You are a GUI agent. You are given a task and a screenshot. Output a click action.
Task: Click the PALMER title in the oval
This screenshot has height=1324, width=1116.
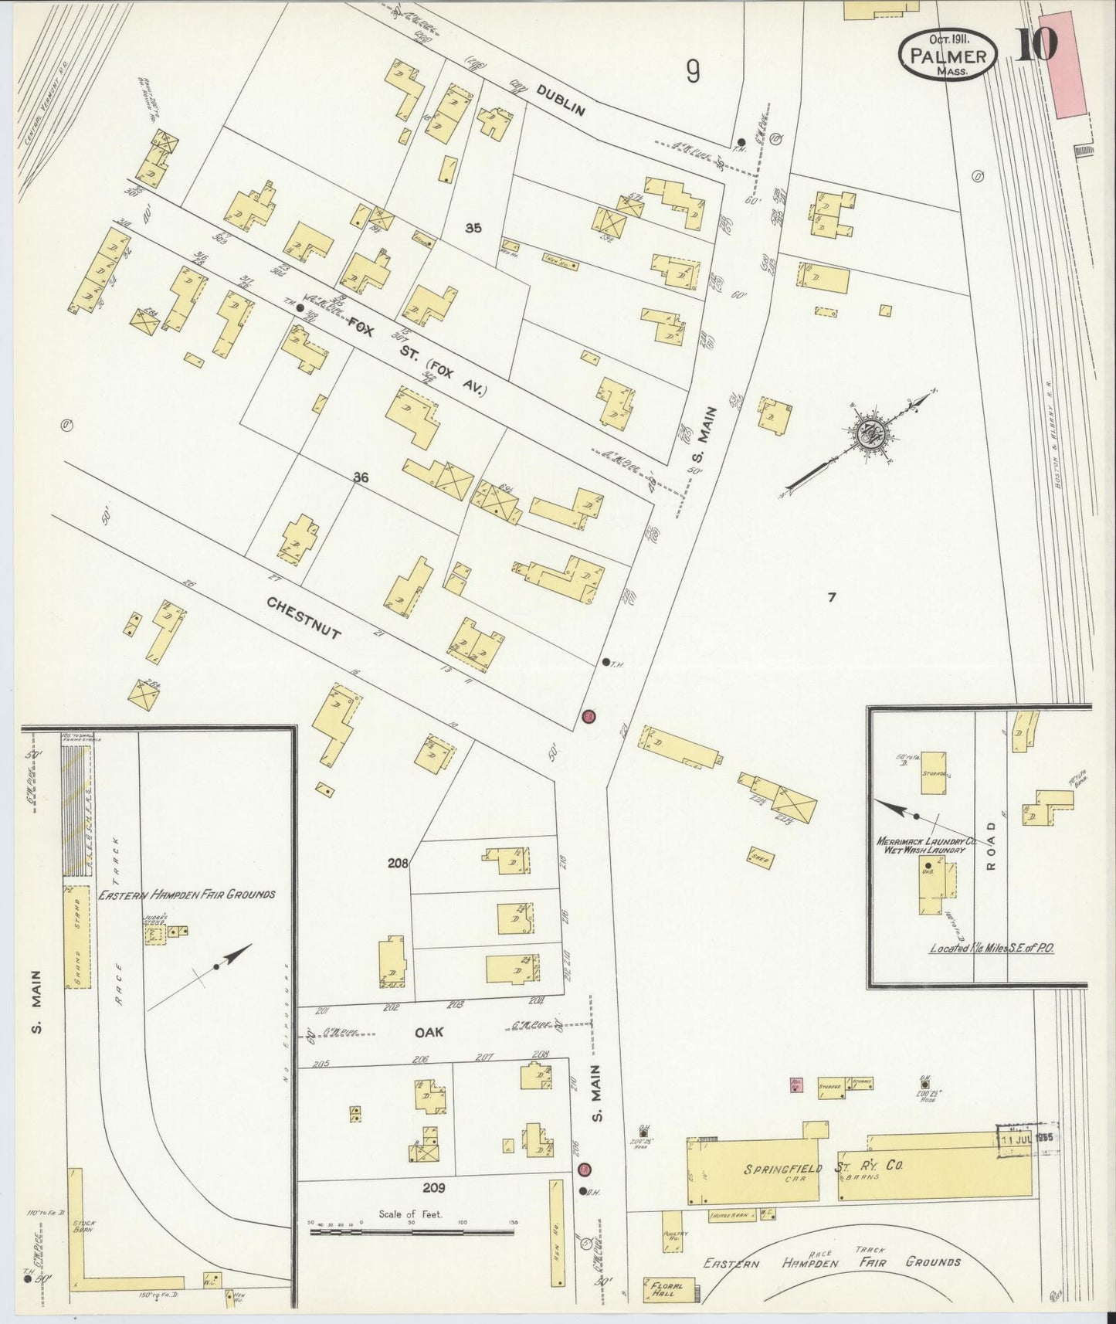948,56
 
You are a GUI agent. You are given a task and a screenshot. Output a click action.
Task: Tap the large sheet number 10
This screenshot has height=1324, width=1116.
1035,45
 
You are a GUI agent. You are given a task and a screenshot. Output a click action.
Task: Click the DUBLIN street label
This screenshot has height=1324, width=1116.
561,99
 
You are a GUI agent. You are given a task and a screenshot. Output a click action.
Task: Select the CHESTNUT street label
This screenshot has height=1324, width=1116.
304,617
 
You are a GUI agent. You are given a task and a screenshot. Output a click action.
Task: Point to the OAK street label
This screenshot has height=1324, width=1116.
429,1031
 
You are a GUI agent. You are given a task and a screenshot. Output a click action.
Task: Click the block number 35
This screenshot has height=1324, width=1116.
473,228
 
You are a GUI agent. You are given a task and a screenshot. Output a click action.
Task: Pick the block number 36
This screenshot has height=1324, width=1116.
361,478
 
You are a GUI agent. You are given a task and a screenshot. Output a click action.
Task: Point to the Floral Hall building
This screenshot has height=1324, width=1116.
664,1289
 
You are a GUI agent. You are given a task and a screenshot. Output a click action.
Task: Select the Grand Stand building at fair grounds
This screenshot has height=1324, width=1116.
77,937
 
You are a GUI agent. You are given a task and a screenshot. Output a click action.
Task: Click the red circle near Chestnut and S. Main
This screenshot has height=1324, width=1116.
589,717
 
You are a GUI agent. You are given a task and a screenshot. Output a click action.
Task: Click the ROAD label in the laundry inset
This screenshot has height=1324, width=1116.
992,844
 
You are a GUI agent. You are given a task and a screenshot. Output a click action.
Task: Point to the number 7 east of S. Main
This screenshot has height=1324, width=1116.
832,597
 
